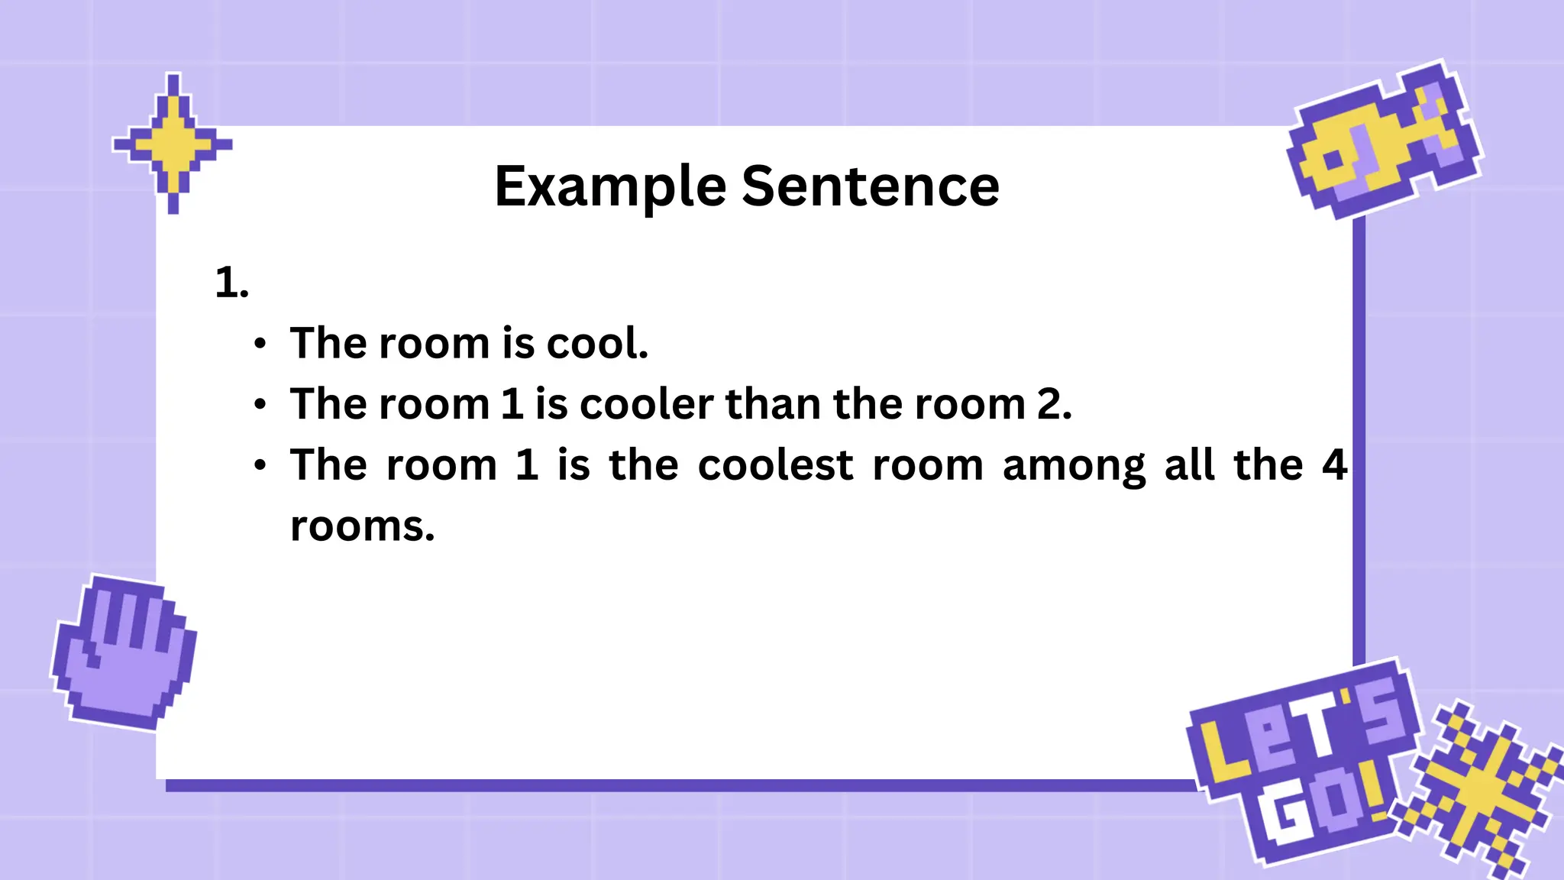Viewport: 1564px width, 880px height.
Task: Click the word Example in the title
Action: [609, 187]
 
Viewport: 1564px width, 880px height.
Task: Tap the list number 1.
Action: [231, 283]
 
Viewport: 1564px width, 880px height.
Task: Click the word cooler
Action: [646, 404]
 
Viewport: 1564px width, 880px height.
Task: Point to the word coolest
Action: [775, 465]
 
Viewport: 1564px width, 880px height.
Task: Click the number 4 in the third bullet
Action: [1333, 465]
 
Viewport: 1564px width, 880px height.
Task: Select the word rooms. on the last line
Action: [362, 527]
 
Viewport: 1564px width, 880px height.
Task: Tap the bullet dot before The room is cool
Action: [260, 344]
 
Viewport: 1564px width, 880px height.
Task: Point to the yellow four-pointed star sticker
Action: [173, 143]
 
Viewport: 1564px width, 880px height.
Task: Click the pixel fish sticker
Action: [1382, 141]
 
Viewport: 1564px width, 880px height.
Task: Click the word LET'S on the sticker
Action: [1298, 733]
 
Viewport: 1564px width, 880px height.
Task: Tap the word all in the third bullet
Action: [1189, 465]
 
